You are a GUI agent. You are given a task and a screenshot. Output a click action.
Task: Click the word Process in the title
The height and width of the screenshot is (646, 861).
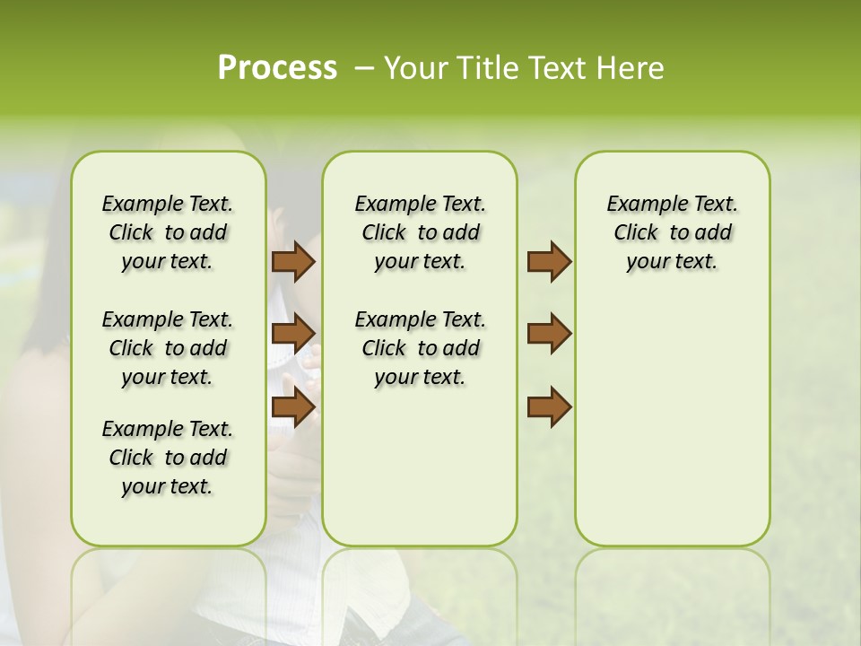[277, 68]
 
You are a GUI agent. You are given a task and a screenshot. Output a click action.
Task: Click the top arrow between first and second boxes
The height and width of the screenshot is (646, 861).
[293, 262]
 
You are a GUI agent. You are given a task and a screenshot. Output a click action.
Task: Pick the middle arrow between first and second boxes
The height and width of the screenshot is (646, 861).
[293, 334]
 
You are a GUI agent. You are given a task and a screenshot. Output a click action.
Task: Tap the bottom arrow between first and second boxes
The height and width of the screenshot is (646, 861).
[293, 406]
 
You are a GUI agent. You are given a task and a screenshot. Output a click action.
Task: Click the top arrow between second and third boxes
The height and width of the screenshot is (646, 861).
[549, 262]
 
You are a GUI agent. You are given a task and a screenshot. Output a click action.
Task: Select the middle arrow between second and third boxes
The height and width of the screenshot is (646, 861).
[549, 334]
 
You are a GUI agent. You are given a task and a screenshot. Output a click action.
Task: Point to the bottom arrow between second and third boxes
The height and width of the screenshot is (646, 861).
[549, 406]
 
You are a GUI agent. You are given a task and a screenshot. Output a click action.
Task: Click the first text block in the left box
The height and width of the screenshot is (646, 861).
[168, 232]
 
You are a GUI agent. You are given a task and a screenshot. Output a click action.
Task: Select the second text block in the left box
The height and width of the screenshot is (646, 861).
[168, 348]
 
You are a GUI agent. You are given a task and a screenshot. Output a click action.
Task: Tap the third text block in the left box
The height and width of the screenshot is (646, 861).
[168, 458]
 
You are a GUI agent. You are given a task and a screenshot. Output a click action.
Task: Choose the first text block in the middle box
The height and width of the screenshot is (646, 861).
[420, 232]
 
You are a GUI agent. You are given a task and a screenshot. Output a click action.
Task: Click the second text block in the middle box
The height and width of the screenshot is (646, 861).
[420, 348]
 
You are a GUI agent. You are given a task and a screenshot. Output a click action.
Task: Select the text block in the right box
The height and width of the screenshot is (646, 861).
[672, 232]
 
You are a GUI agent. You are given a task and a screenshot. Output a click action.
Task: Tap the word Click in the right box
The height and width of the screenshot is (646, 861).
[636, 233]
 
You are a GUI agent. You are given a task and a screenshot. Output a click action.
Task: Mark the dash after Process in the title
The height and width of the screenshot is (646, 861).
[364, 68]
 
